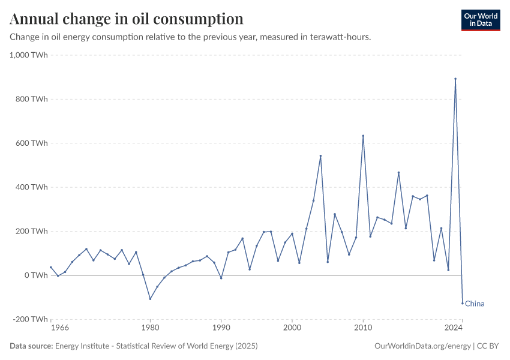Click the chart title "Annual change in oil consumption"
pos(127,19)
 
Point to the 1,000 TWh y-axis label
pos(29,55)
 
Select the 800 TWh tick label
pos(32,99)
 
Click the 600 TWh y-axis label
pos(32,143)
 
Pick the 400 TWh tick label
pos(32,187)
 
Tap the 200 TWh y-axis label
pos(32,231)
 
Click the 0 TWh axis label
pos(36,275)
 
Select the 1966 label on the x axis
pos(59,328)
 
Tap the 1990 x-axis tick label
pos(221,328)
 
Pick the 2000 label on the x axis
pos(292,328)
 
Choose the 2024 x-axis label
pos(454,328)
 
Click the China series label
pos(475,304)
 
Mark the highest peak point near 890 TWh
pos(455,79)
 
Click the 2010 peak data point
pos(363,136)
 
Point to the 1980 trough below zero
pos(150,299)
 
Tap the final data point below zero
pos(463,303)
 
